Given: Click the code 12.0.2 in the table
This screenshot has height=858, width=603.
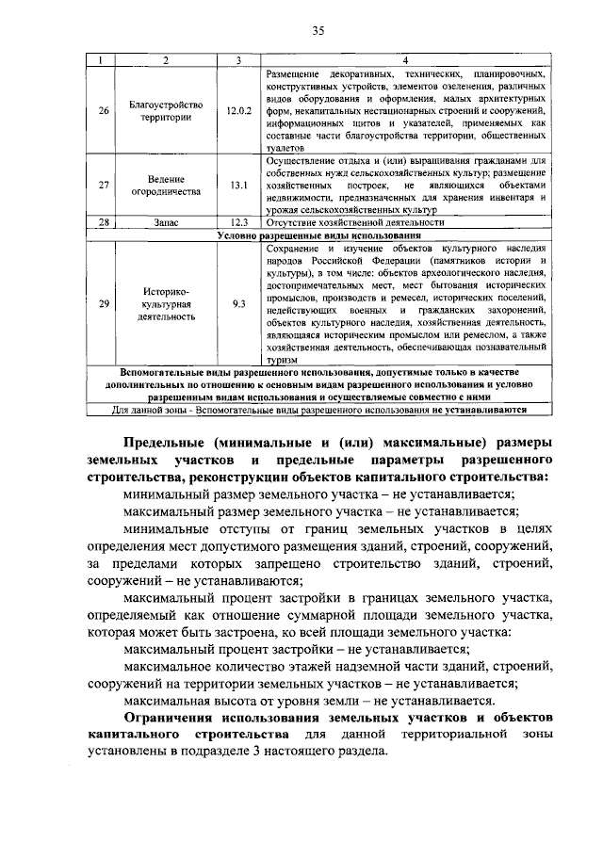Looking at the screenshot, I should pyautogui.click(x=239, y=111).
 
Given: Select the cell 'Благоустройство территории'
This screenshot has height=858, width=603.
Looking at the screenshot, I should pyautogui.click(x=166, y=111).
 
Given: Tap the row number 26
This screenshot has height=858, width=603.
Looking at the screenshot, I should pyautogui.click(x=104, y=111).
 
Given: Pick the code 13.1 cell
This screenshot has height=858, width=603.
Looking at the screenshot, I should pyautogui.click(x=239, y=186).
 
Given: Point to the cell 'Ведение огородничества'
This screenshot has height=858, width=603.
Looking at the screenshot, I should pyautogui.click(x=166, y=186).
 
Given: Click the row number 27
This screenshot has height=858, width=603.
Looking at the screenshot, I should pyautogui.click(x=104, y=186).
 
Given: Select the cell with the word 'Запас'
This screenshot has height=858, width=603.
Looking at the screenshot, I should pyautogui.click(x=166, y=222).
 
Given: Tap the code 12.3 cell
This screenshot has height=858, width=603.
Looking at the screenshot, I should pyautogui.click(x=239, y=222).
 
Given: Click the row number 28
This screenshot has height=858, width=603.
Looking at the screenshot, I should pyautogui.click(x=104, y=222).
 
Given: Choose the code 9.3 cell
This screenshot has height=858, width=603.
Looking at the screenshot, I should pyautogui.click(x=239, y=303).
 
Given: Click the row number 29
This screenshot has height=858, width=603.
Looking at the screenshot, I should pyautogui.click(x=104, y=303).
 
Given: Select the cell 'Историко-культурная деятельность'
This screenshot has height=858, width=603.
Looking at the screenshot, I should pyautogui.click(x=166, y=303).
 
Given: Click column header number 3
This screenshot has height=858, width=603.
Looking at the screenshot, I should pyautogui.click(x=239, y=60).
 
